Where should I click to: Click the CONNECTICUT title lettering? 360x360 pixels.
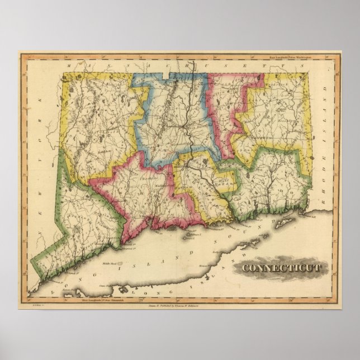point(281,267)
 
